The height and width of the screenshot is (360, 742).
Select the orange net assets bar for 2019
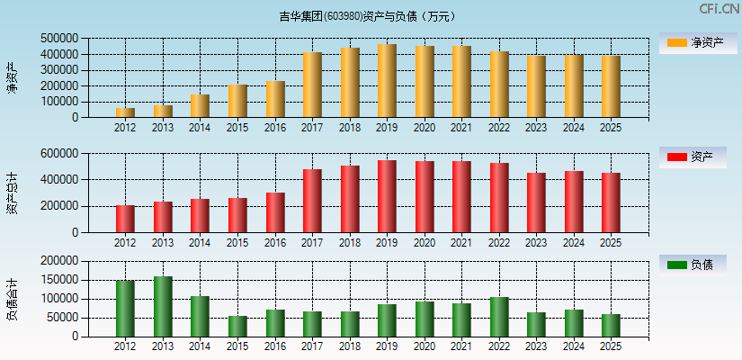387,81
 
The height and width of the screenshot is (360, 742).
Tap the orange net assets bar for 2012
125,112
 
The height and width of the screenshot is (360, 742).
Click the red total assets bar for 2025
611,202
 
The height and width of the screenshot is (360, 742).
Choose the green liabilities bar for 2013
163,307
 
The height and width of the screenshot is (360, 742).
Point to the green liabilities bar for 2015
237,327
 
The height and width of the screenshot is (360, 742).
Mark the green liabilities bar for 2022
499,317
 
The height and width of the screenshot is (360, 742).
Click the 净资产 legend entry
693,42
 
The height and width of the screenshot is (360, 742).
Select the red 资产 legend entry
693,157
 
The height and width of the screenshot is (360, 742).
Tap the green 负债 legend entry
693,265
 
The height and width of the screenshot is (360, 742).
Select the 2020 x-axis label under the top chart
425,128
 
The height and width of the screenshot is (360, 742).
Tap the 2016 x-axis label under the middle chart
275,243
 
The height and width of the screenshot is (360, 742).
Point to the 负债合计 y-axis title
13,299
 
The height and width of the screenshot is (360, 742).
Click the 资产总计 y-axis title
13,193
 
